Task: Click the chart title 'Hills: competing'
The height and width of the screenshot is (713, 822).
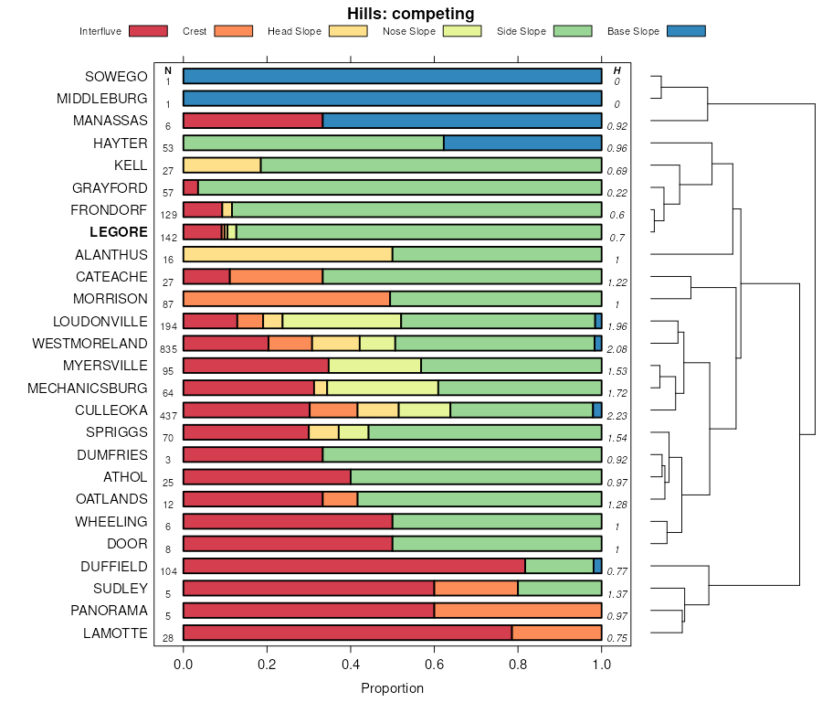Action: pos(411,14)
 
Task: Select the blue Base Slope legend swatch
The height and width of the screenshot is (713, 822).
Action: pos(686,31)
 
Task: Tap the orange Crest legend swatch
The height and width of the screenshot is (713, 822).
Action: pos(233,31)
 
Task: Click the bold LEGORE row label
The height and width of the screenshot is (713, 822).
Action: pos(119,232)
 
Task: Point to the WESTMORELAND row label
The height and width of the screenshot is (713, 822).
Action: pos(90,344)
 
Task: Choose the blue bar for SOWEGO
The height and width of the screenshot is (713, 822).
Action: pos(392,76)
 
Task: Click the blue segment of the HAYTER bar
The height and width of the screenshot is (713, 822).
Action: pos(522,143)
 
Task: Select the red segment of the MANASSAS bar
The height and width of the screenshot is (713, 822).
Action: pos(253,121)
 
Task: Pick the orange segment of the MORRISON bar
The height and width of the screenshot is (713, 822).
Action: pos(287,299)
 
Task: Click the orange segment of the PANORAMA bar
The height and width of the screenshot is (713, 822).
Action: pos(518,611)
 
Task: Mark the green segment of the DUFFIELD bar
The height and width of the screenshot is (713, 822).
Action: pos(559,566)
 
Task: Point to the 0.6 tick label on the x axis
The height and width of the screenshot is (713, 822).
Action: pos(435,665)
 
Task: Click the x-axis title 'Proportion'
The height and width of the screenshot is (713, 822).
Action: pos(393,688)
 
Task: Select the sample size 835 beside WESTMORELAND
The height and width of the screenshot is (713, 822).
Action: pos(168,349)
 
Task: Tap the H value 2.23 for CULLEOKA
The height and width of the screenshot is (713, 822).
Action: pos(616,416)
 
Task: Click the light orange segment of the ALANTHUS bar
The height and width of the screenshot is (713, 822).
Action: pos(288,254)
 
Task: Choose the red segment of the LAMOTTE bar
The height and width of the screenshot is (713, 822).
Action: pos(347,633)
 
